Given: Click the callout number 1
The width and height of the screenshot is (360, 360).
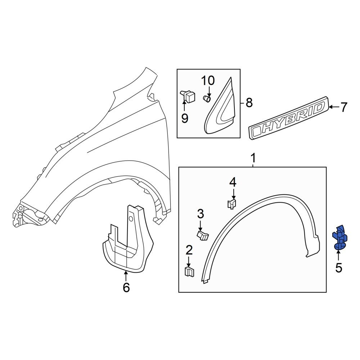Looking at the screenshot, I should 253,158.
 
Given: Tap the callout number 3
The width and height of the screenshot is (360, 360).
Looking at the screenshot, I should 200,214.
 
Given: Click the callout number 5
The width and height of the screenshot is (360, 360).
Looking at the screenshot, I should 338,268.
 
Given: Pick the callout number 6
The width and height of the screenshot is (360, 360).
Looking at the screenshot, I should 126,288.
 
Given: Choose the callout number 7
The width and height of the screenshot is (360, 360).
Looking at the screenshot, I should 344,107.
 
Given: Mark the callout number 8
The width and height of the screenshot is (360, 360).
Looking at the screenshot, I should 248,103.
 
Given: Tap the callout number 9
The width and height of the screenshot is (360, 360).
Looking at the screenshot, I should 185,118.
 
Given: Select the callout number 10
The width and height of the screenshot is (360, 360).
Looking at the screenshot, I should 208,80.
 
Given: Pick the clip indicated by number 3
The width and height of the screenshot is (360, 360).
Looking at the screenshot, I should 203,235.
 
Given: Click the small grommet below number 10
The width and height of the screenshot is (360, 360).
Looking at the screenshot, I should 207,98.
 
